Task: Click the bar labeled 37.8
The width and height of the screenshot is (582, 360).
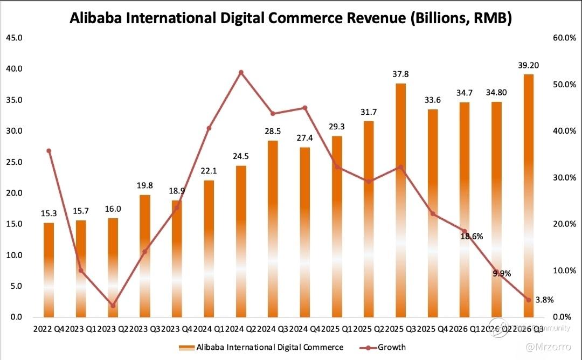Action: [400, 199]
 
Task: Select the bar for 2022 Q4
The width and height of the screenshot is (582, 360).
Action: [48, 269]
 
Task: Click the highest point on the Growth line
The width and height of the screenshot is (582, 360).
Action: [241, 72]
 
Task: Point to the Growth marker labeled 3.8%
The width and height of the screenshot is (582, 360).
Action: [529, 300]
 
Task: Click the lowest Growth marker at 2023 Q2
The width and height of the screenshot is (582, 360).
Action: [113, 306]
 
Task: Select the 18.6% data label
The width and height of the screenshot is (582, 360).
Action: [472, 236]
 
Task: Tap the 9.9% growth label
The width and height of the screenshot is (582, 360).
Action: [501, 273]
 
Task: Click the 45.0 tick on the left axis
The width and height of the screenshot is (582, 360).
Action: [14, 38]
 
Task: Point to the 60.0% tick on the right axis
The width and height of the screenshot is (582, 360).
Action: [564, 38]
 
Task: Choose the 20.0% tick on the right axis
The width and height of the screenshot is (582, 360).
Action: [564, 224]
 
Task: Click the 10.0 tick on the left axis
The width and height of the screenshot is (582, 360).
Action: [14, 255]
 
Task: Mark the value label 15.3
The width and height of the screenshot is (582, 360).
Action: [48, 214]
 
